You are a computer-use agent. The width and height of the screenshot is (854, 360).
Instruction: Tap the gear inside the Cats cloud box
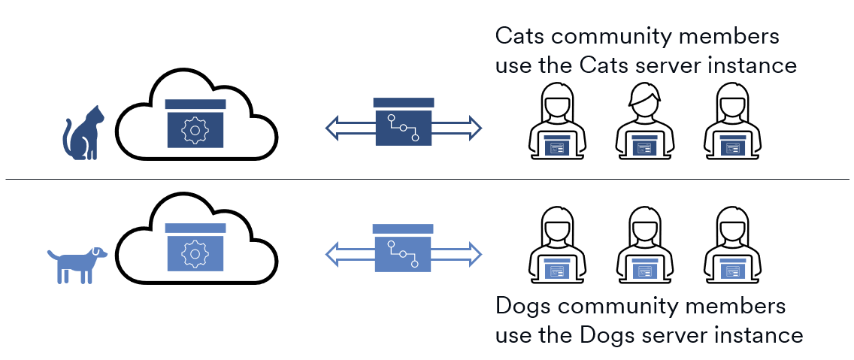(195, 130)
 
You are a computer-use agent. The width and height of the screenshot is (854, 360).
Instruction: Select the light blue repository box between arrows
(403, 248)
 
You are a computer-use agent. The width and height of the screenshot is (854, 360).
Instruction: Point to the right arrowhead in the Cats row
(473, 128)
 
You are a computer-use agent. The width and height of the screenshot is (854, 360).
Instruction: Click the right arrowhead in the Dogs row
(473, 253)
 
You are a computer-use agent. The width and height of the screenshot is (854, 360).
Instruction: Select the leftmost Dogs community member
(558, 244)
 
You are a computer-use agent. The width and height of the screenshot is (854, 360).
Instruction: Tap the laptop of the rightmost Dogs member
(732, 269)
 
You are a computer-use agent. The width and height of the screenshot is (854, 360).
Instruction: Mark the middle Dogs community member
(645, 244)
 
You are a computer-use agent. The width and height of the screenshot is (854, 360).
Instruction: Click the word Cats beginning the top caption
(520, 36)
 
